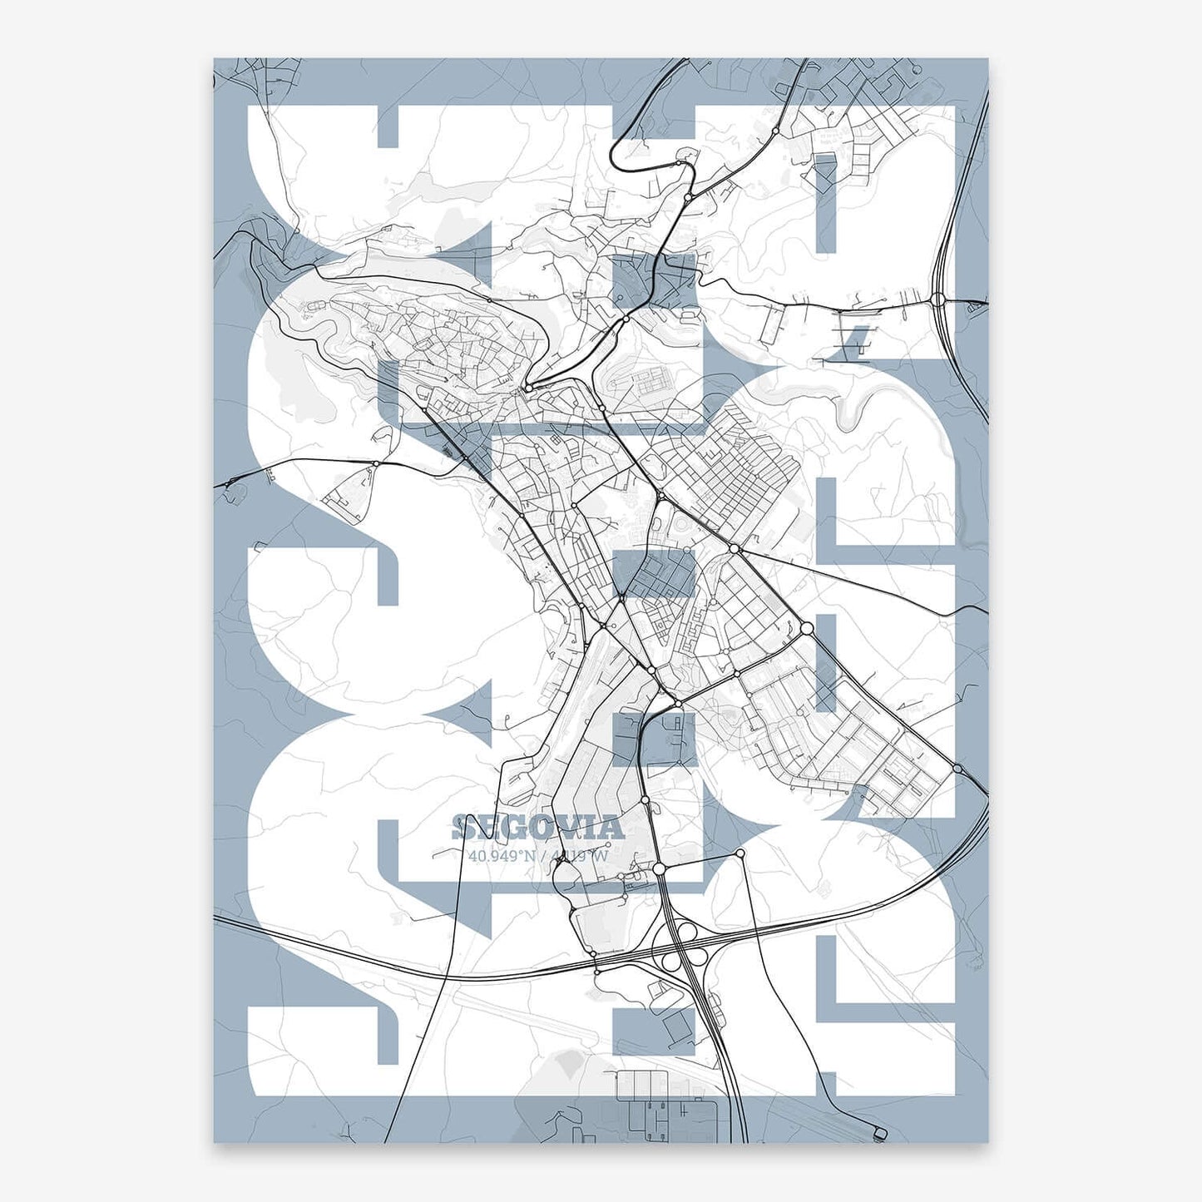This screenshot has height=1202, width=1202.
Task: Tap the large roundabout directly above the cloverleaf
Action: pyautogui.click(x=659, y=868)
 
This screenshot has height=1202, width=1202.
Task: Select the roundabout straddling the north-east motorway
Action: pyautogui.click(x=938, y=299)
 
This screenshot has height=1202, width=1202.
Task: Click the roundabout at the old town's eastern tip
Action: pyautogui.click(x=527, y=388)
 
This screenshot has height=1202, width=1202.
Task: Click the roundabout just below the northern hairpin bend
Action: pyautogui.click(x=689, y=197)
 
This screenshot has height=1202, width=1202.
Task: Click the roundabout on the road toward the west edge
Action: pyautogui.click(x=376, y=463)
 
